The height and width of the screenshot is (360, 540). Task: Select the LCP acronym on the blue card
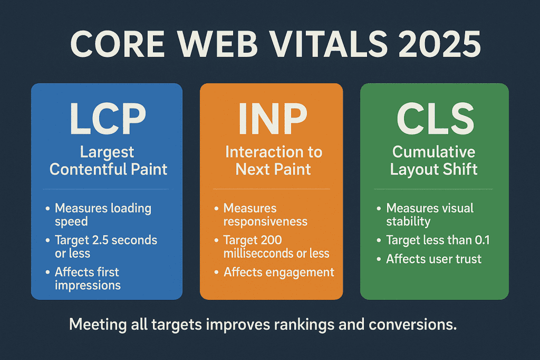pos(107,120)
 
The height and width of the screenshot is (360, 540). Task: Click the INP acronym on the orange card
pos(271,120)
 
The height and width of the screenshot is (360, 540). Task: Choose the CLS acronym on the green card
pos(433,120)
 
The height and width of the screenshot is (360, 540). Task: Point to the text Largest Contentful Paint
pos(107,161)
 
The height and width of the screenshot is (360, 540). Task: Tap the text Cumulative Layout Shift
pos(434,161)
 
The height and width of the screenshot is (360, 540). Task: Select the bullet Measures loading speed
pos(102,215)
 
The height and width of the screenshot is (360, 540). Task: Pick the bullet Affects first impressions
pos(88,279)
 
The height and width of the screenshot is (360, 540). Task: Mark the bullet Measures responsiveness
pos(265,215)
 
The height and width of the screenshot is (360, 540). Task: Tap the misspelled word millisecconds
pos(261,254)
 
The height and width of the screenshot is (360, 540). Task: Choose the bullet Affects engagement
pos(278,273)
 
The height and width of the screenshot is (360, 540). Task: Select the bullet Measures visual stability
pos(429,215)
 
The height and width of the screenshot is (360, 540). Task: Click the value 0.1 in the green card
pos(480,240)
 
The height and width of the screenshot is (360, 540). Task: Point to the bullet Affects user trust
pos(433,259)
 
